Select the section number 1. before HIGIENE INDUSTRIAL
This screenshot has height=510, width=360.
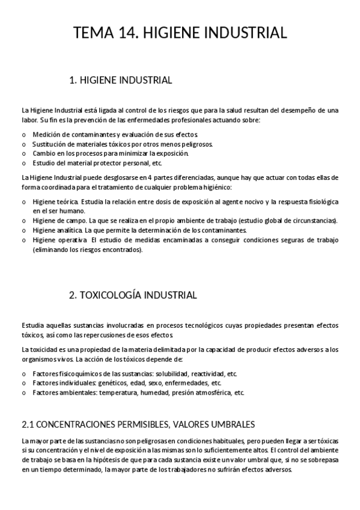[x=74, y=80]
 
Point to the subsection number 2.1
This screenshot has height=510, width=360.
[x=28, y=423]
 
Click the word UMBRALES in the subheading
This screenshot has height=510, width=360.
[x=228, y=423]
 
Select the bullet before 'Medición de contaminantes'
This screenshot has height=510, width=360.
[x=24, y=135]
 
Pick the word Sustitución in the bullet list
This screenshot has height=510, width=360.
[x=46, y=144]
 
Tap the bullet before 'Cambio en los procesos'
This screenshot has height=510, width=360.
[x=24, y=153]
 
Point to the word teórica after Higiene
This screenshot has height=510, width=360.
[x=67, y=201]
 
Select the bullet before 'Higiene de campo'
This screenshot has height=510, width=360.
[x=24, y=221]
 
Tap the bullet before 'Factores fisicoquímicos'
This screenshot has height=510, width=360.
[x=24, y=373]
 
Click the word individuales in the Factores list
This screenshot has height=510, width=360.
[x=73, y=382]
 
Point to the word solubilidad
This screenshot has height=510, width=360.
[x=172, y=373]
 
